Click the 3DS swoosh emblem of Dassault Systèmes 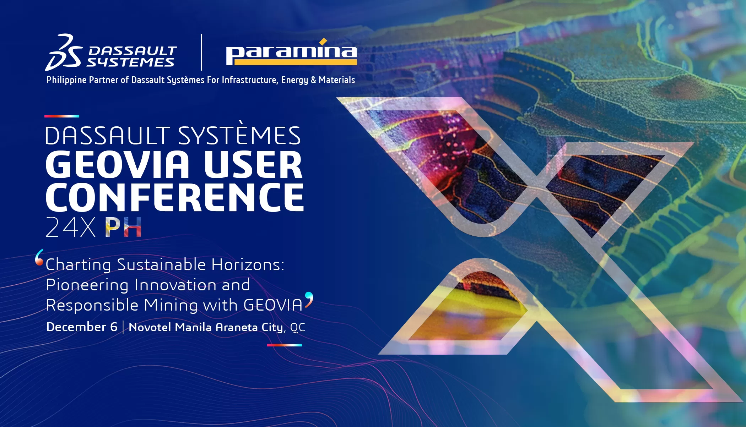pyautogui.click(x=64, y=52)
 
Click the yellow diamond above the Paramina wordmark pyautogui.click(x=323, y=42)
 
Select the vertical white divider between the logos pyautogui.click(x=201, y=52)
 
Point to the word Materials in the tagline pyautogui.click(x=337, y=80)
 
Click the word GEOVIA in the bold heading pyautogui.click(x=118, y=164)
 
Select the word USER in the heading pyautogui.click(x=253, y=164)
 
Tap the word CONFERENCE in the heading pyautogui.click(x=175, y=197)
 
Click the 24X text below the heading pyautogui.click(x=70, y=227)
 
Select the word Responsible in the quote pyautogui.click(x=92, y=305)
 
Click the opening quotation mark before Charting pyautogui.click(x=39, y=257)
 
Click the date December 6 pyautogui.click(x=82, y=327)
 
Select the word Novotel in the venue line pyautogui.click(x=150, y=327)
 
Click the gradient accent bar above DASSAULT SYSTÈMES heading pyautogui.click(x=62, y=116)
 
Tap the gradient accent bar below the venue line pyautogui.click(x=285, y=345)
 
